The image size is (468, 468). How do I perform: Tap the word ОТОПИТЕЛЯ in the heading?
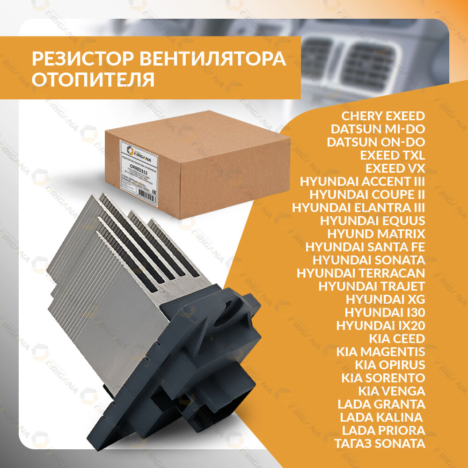tap(93, 80)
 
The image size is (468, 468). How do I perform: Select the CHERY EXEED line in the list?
tap(383, 116)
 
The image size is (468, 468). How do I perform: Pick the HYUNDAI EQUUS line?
tap(373, 220)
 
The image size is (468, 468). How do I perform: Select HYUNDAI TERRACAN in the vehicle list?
tap(361, 273)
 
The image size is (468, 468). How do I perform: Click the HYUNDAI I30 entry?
tap(385, 312)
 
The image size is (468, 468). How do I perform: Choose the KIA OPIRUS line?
tap(390, 365)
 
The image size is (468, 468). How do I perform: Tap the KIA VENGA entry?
tap(392, 391)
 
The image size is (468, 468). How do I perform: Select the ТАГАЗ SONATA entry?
tap(380, 443)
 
